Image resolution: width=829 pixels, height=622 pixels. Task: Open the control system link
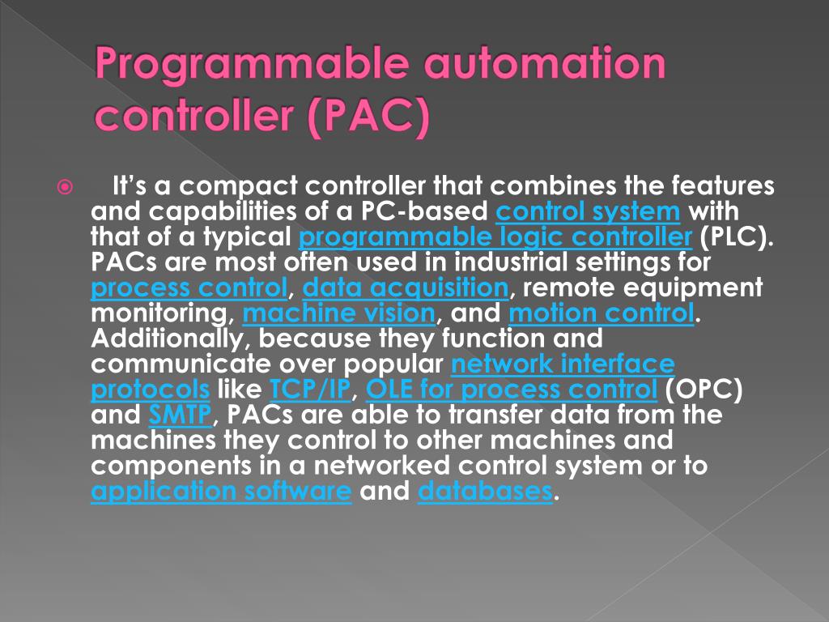pos(588,212)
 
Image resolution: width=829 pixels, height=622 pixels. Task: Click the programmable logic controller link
pos(495,237)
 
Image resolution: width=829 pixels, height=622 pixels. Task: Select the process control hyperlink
pos(189,288)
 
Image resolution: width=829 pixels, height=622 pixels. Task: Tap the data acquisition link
pos(406,288)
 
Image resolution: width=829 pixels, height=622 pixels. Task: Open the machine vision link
pos(339,313)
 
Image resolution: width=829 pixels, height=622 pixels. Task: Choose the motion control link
pos(602,313)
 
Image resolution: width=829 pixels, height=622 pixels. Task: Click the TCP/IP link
pos(310,389)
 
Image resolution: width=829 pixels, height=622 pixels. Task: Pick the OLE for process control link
pos(512,389)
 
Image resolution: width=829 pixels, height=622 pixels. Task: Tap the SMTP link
pos(180,415)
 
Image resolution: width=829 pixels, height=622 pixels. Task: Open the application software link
pos(221,491)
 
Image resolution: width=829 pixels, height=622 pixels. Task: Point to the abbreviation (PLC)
pos(738,237)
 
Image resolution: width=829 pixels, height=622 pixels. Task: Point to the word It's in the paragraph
pos(130,187)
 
